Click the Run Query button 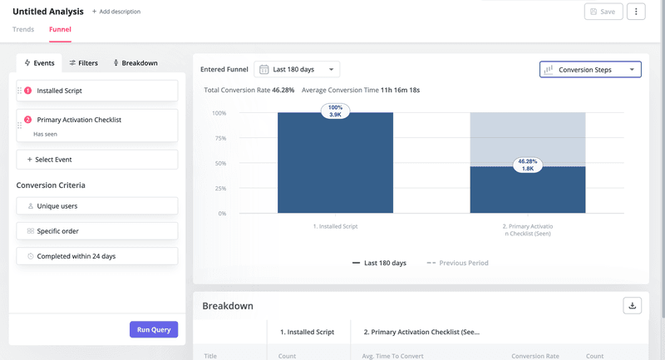coord(154,329)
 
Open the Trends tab coord(23,29)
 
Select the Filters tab coord(83,62)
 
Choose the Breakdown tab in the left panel coord(135,62)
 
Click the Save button coord(603,12)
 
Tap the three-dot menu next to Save coord(636,12)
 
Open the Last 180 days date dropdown coord(297,70)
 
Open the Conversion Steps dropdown coord(590,70)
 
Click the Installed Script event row coord(97,91)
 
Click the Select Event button coord(97,159)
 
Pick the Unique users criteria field coord(97,205)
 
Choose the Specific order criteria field coord(97,231)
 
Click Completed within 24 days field coord(97,256)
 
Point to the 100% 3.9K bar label coord(335,111)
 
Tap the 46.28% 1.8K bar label coord(527,165)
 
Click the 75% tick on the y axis coord(219,138)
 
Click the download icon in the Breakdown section coord(632,305)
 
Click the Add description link coord(116,12)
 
